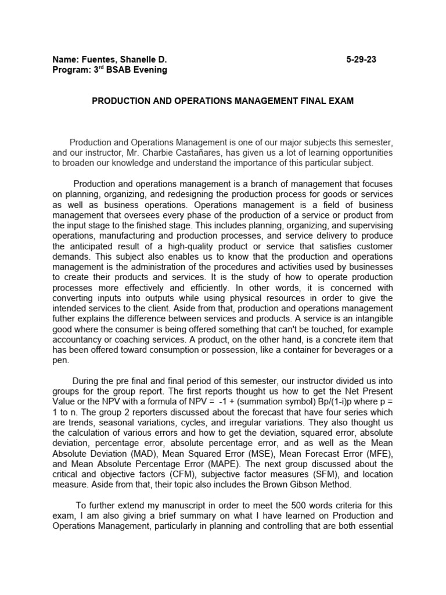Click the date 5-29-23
[x=360, y=59]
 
